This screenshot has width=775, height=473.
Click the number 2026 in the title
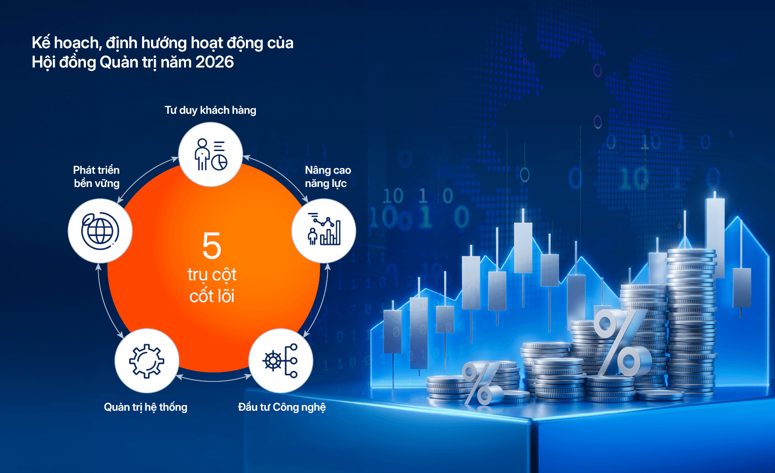[x=214, y=62]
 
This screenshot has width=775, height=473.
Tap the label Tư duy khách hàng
[x=211, y=110]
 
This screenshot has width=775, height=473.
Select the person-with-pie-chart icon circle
[x=211, y=154]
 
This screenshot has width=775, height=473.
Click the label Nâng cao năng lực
[x=328, y=177]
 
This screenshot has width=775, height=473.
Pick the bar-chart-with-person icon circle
[x=324, y=230]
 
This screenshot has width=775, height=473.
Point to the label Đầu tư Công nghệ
[x=282, y=407]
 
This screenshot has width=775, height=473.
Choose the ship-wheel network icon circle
[x=281, y=361]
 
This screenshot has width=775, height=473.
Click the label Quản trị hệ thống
[x=146, y=407]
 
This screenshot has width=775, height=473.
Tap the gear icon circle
[x=147, y=361]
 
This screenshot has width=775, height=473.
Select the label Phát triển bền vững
[x=97, y=177]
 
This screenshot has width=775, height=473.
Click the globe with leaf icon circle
[x=100, y=230]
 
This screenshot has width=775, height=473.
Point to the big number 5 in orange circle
[x=212, y=245]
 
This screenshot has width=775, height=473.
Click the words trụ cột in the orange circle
[x=212, y=275]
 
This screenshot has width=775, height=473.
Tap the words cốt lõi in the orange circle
[x=212, y=296]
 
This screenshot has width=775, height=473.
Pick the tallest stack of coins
[x=691, y=322]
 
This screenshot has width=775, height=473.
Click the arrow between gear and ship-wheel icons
[x=214, y=379]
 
